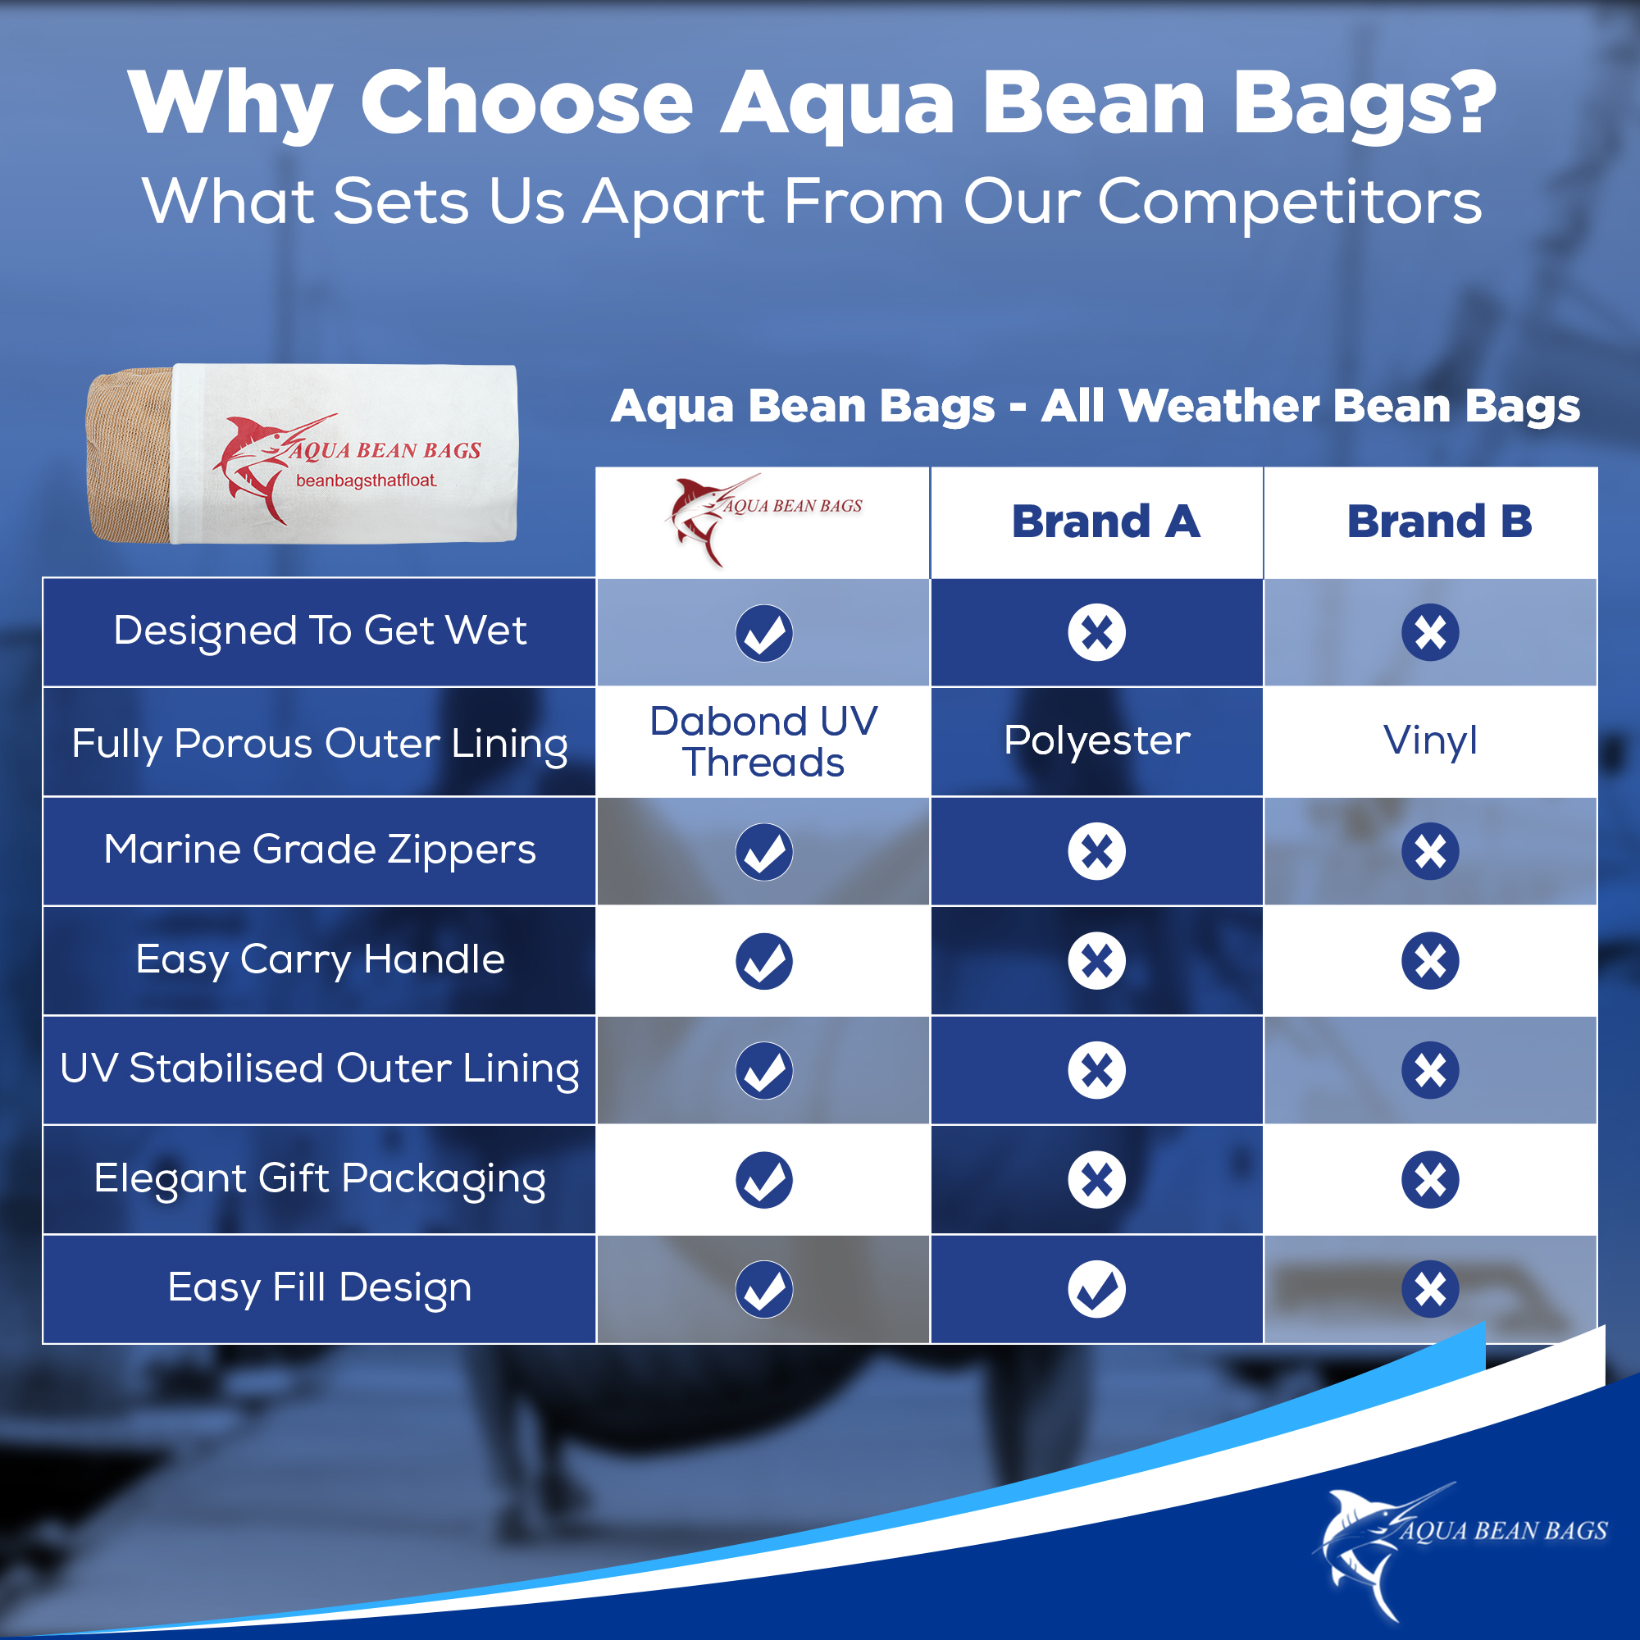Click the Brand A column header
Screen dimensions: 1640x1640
[1105, 522]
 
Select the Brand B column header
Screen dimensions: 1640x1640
[1440, 522]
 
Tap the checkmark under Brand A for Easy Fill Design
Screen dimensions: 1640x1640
[1096, 1288]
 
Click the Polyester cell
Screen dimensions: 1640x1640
[1096, 740]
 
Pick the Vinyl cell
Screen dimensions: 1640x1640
[1430, 740]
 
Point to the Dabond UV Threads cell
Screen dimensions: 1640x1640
[763, 741]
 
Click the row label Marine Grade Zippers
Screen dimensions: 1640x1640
[320, 850]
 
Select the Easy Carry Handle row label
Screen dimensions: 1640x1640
[320, 959]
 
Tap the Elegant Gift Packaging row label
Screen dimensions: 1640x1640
[320, 1178]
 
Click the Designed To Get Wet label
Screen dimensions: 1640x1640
[320, 631]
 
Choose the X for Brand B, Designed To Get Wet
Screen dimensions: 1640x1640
[1430, 632]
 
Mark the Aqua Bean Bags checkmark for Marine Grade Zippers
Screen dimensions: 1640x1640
[764, 851]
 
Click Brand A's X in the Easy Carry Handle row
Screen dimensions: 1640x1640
[1096, 961]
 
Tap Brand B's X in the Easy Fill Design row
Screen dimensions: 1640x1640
[1430, 1288]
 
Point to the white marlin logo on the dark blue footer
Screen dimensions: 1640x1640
[1460, 1550]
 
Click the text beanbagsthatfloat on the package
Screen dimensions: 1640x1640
[366, 481]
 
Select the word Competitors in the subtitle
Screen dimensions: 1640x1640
[1289, 202]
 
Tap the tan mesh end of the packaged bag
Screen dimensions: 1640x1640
[129, 453]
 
